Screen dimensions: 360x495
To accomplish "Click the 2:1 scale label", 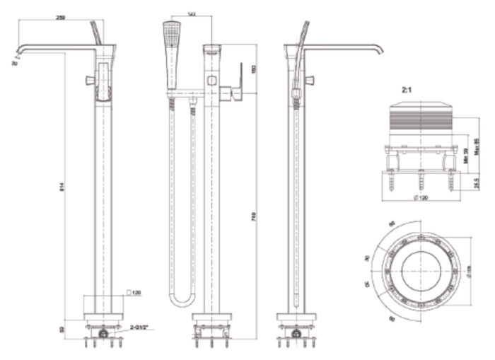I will [x=407, y=90].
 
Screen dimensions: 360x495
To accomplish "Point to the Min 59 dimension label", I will [x=466, y=155].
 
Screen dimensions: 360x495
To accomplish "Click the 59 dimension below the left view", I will [x=62, y=329].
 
